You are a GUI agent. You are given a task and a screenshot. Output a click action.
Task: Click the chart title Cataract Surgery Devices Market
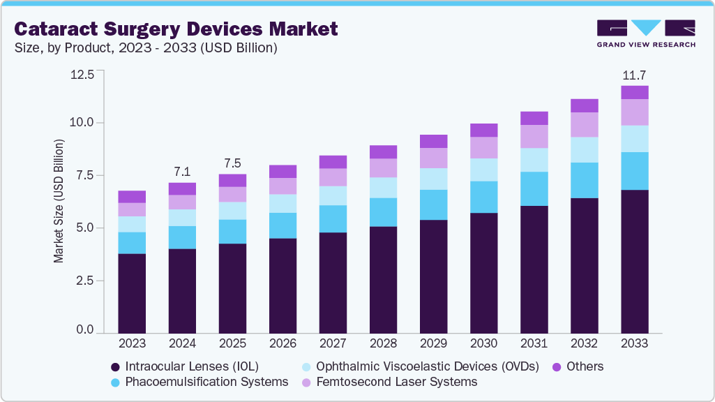[176, 29]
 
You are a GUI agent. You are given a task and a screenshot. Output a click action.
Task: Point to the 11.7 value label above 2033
[635, 75]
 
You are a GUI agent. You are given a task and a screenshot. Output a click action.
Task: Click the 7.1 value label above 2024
[182, 172]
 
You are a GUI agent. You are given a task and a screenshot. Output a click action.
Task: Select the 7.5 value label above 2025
[232, 163]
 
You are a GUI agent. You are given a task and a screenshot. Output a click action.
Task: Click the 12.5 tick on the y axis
[81, 74]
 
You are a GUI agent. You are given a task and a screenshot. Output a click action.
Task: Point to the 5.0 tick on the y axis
[84, 228]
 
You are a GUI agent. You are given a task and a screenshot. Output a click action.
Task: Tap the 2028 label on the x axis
[383, 343]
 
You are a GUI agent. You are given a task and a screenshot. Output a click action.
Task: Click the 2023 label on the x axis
[132, 343]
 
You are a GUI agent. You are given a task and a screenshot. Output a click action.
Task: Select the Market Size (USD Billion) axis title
[59, 201]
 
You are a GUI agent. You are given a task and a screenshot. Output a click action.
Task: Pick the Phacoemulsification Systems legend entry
[200, 382]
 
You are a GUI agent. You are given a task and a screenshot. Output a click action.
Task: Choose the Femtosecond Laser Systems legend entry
[390, 382]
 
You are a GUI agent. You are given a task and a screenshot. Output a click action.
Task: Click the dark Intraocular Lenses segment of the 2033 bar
[635, 261]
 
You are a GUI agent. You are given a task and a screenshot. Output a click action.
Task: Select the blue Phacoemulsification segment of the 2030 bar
[483, 197]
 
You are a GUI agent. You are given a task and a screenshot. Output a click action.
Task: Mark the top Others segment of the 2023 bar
[132, 197]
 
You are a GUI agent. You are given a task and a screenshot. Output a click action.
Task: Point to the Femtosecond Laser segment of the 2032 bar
[585, 125]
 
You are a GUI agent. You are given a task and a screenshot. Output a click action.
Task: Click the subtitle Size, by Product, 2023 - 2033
[146, 48]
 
